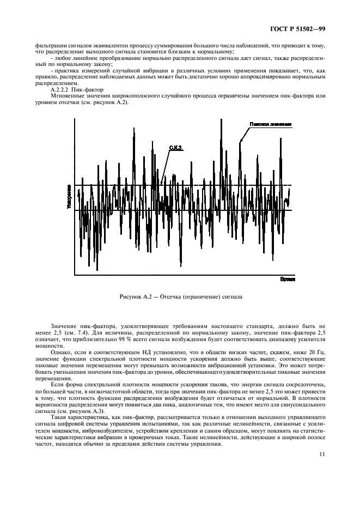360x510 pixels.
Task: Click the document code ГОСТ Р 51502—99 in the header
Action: pyautogui.click(x=309, y=27)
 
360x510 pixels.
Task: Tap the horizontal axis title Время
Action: pyautogui.click(x=287, y=278)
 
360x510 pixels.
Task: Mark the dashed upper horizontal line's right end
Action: pyautogui.click(x=291, y=185)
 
